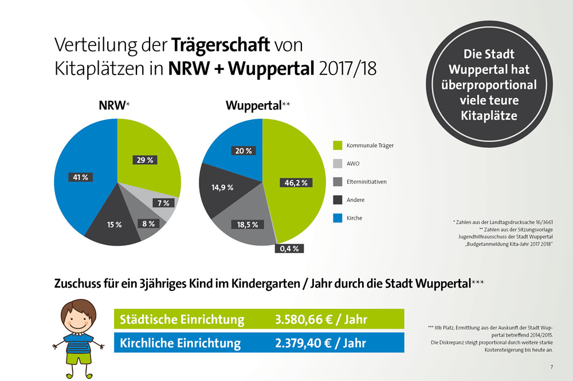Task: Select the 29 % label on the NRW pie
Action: tap(146, 160)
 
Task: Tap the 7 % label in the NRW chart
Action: tap(163, 203)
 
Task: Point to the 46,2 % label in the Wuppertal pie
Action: tap(296, 183)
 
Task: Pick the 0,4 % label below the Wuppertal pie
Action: tap(290, 249)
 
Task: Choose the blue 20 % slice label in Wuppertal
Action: tap(242, 151)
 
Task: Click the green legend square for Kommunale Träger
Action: tap(337, 146)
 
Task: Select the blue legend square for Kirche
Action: tap(337, 218)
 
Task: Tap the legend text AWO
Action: tap(354, 164)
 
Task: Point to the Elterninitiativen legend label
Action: tap(367, 182)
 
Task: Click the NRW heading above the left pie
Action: tap(113, 105)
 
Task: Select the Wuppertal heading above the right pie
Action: tap(254, 105)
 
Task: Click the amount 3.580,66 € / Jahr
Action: tap(321, 319)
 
